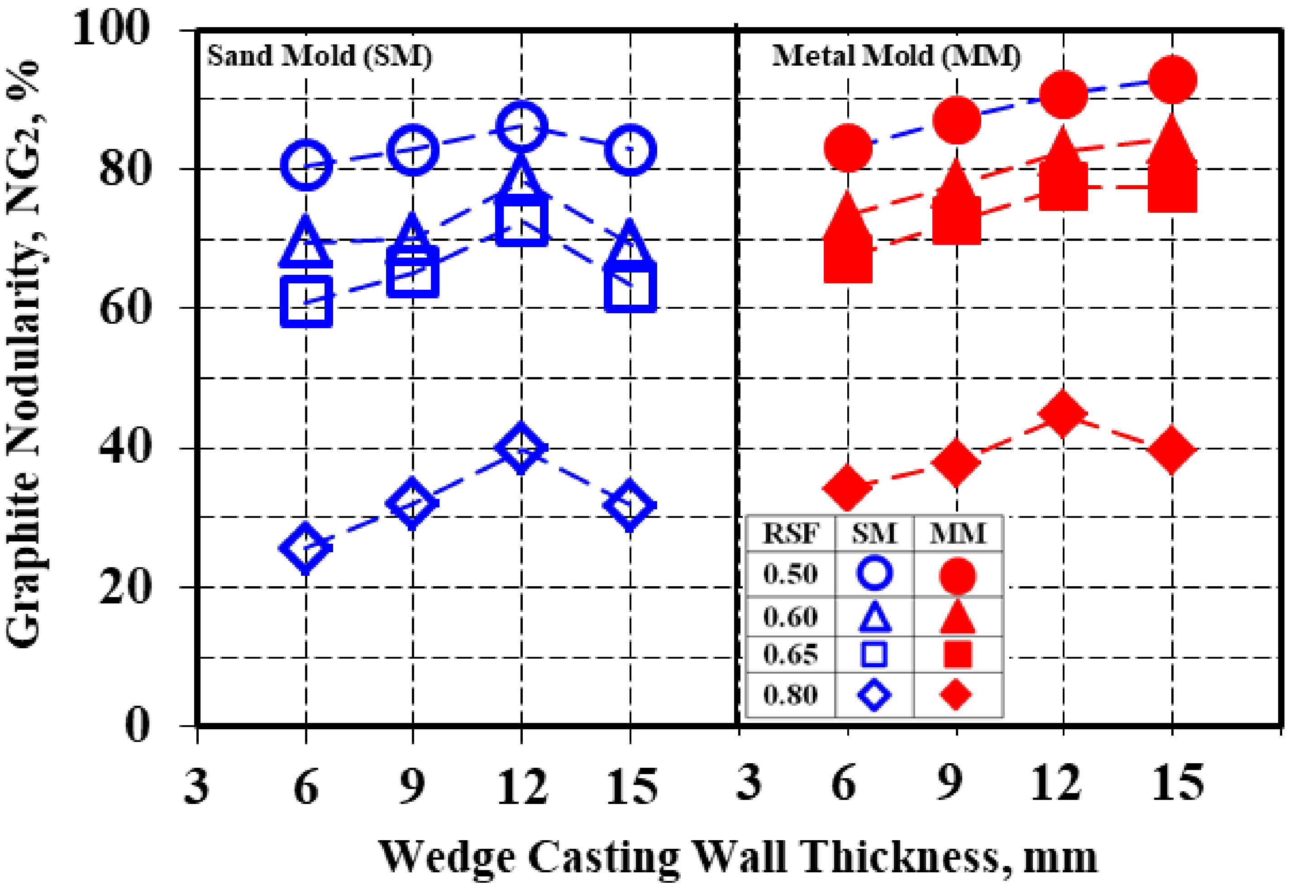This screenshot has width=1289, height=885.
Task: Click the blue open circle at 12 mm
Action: click(521, 126)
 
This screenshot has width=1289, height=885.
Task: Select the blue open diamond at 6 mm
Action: click(306, 548)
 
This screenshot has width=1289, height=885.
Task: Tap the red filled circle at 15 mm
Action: click(1172, 80)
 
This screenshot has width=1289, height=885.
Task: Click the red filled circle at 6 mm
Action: click(848, 148)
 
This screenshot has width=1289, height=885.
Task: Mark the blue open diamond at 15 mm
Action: click(630, 505)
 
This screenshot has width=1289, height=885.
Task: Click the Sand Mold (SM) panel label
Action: click(319, 56)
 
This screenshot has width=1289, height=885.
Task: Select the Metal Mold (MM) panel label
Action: click(896, 56)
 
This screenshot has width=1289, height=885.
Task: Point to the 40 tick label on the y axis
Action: click(124, 447)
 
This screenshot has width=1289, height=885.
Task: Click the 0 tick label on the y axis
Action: click(137, 726)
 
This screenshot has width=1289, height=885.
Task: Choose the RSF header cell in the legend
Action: click(790, 534)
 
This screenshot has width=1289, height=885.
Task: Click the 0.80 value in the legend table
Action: click(790, 695)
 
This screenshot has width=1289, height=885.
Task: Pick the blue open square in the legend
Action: click(874, 654)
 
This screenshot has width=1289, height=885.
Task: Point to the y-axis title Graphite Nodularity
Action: click(25, 355)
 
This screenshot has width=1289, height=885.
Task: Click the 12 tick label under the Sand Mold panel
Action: click(521, 787)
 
